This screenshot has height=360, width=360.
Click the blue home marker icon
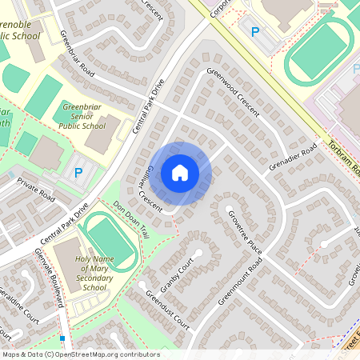180,173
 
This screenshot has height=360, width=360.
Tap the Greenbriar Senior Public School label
83,115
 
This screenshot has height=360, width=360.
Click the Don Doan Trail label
131,219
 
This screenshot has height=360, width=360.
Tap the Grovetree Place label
244,232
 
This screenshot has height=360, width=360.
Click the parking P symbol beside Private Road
78,171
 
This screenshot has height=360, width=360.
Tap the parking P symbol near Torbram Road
255,32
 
